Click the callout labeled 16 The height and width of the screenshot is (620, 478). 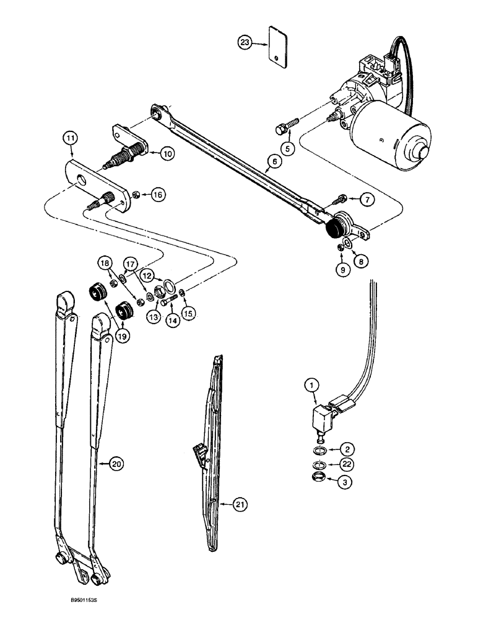(x=158, y=195)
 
